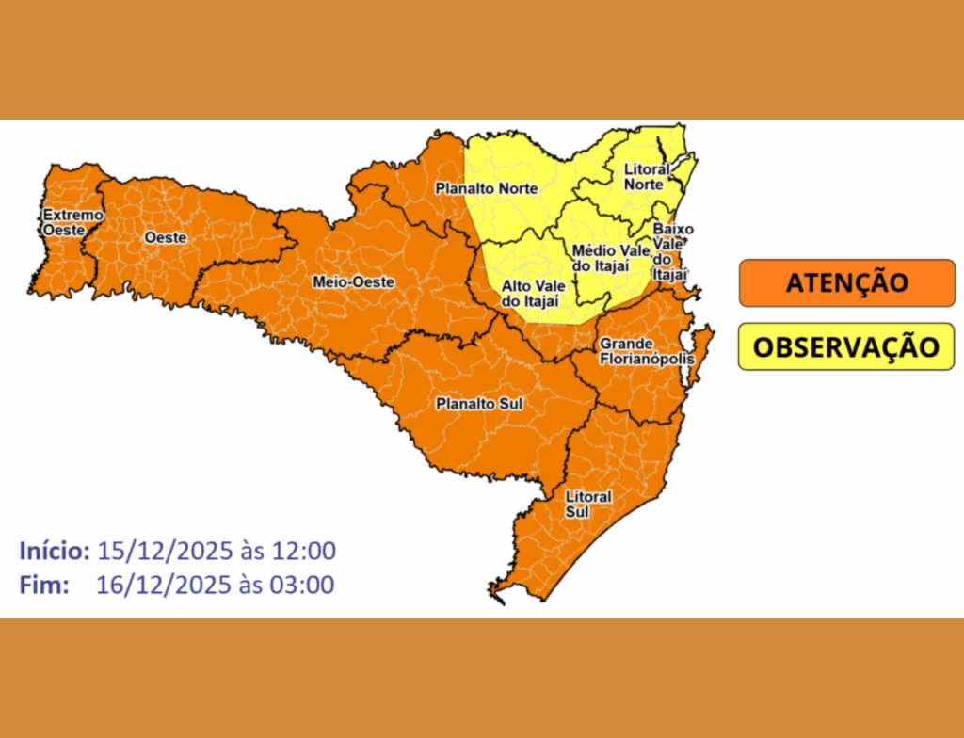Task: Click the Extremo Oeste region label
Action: point(72,221)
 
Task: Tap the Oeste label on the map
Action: point(166,238)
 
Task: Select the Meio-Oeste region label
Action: point(346,280)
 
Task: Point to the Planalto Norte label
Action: point(486,189)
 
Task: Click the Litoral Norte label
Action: point(647,177)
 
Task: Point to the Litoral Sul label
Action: point(587,504)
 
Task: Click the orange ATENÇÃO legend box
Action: point(846,283)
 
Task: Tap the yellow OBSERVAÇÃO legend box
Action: point(846,346)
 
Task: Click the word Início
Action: point(55,551)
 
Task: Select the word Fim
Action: point(44,585)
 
